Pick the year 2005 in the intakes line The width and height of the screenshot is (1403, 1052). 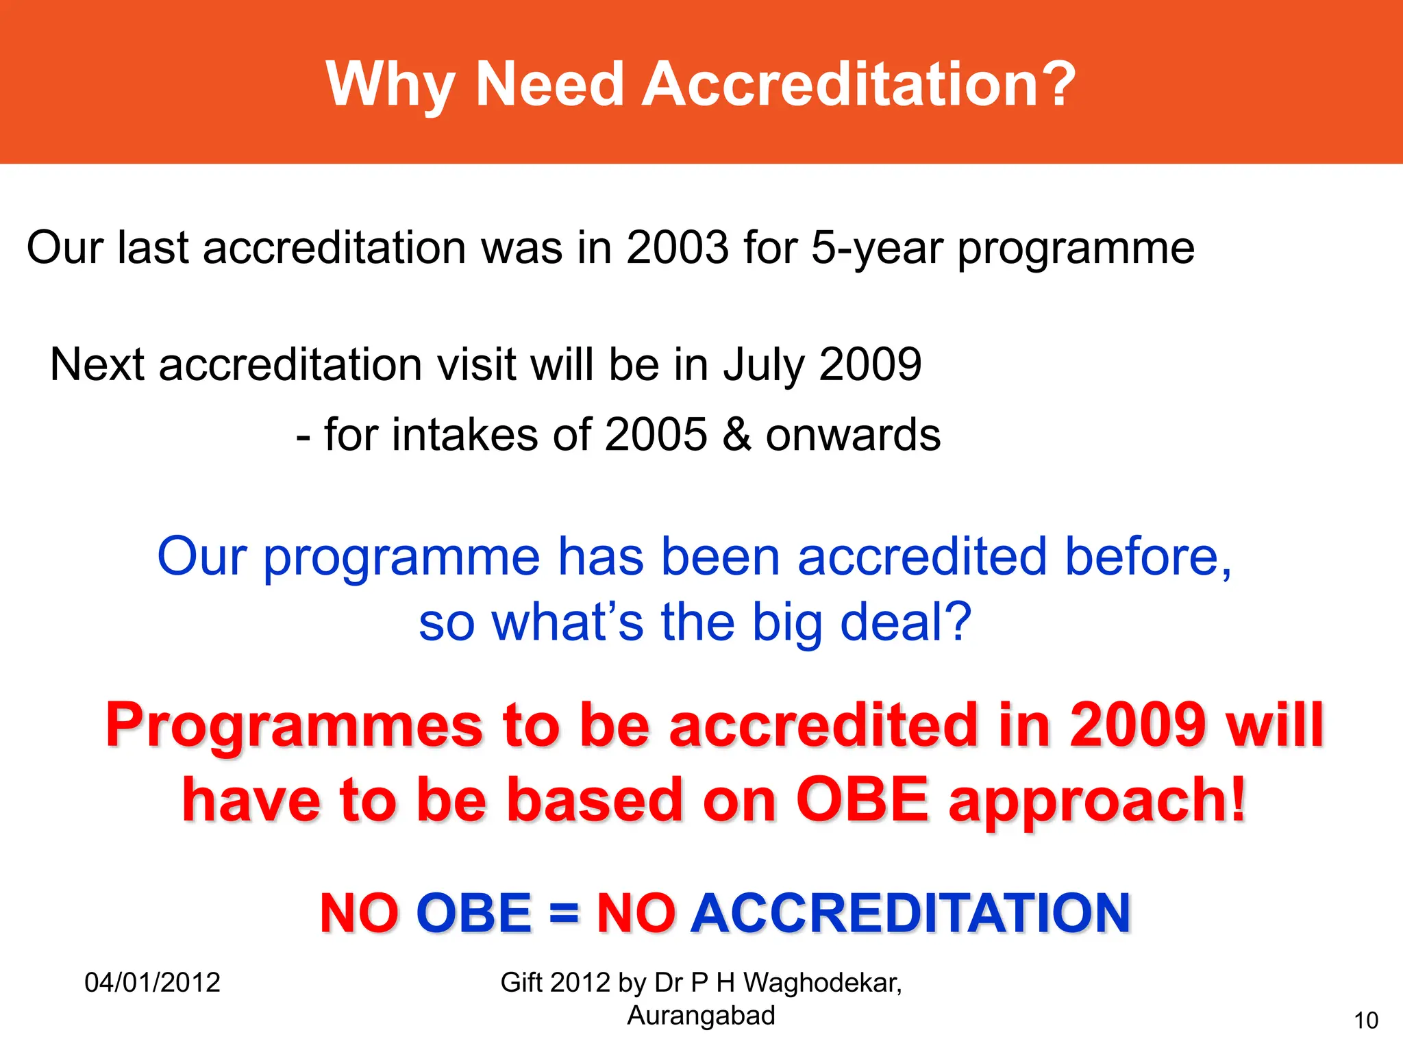[x=656, y=435]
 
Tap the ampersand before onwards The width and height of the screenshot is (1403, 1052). [x=736, y=435]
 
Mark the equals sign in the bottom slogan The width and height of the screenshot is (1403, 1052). [x=564, y=914]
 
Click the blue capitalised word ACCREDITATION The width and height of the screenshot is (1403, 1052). [x=910, y=914]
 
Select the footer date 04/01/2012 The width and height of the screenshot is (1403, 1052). [x=152, y=983]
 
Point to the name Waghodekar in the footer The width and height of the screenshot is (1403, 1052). [x=822, y=983]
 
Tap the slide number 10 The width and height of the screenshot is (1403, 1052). [x=1366, y=1021]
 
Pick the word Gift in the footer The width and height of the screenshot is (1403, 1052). [x=522, y=983]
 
